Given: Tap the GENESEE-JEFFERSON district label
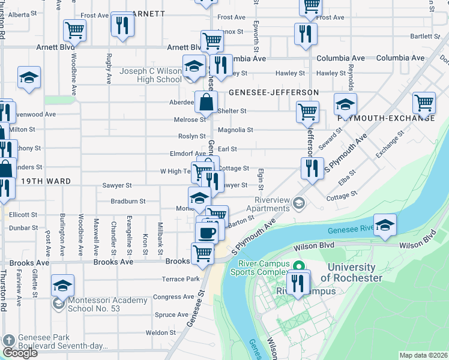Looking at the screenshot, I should (x=273, y=92).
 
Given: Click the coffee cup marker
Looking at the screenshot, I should (x=208, y=233).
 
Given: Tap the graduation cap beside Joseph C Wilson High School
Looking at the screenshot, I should (x=194, y=67).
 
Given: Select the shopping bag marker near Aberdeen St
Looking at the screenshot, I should (x=206, y=103).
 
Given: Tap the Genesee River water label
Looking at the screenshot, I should (x=350, y=229).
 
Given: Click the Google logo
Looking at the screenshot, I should (x=20, y=353).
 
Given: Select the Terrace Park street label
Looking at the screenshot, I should (x=180, y=279).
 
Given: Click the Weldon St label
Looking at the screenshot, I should (x=160, y=332).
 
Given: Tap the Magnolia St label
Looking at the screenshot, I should (x=235, y=130).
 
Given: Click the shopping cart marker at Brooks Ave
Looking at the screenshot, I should (x=202, y=254).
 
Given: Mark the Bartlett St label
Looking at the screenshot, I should (x=425, y=37).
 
